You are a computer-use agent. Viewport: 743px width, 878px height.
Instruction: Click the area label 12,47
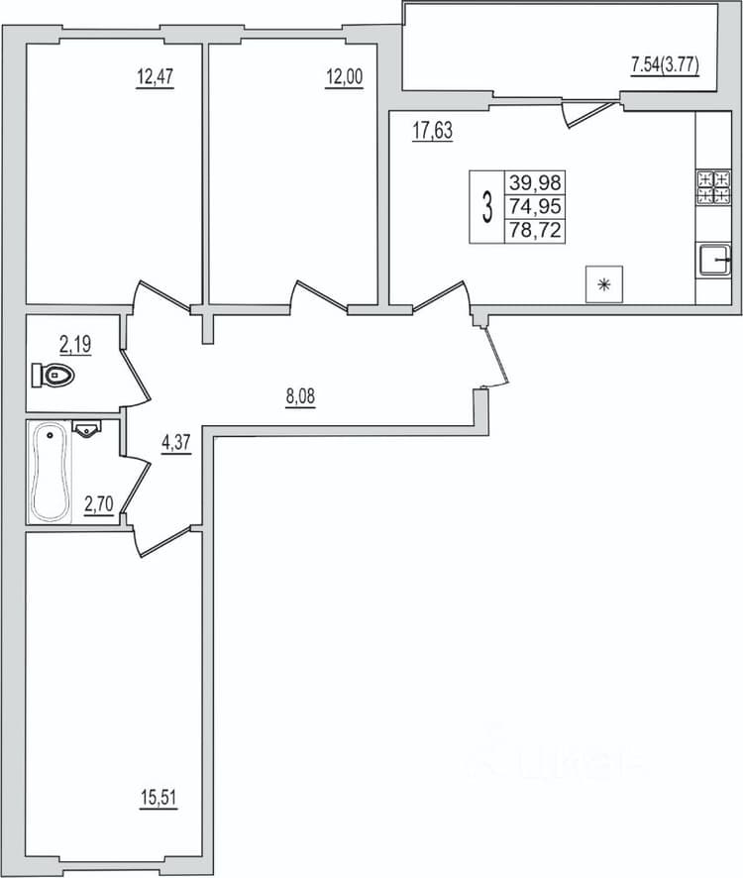click(156, 76)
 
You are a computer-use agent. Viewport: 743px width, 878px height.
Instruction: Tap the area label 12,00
click(345, 76)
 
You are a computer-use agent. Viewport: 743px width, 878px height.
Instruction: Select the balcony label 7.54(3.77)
click(666, 65)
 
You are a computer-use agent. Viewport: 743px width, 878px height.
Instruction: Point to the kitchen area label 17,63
click(432, 131)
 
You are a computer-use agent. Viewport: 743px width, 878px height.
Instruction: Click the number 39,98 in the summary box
click(535, 182)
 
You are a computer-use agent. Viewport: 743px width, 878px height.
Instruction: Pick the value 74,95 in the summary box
click(535, 206)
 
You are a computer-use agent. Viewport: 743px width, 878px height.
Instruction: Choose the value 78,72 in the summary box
click(535, 230)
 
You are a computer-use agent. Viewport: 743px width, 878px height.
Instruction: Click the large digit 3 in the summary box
click(487, 207)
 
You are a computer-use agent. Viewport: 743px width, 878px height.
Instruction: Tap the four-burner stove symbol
click(713, 187)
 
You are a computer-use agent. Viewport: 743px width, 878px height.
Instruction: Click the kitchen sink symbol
click(714, 260)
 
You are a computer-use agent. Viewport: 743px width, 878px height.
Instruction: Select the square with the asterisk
click(604, 284)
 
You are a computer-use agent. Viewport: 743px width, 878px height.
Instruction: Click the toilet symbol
click(53, 375)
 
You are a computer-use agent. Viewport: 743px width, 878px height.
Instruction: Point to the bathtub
click(50, 472)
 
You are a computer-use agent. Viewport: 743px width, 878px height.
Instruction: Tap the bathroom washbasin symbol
click(87, 428)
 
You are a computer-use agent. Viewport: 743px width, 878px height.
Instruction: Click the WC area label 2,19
click(75, 344)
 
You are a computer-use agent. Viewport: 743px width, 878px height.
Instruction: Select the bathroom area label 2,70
click(98, 504)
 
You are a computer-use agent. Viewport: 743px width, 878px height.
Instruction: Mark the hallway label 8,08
click(301, 396)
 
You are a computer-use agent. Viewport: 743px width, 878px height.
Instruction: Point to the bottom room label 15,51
click(159, 798)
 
